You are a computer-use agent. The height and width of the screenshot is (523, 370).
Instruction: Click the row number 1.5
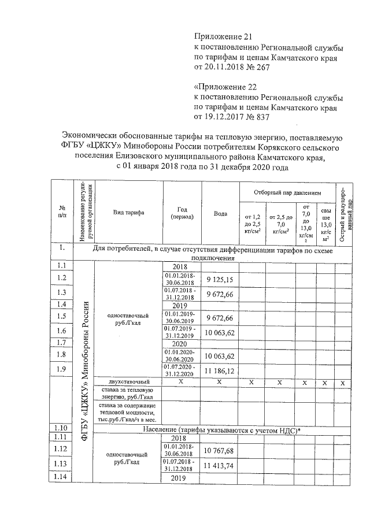click(x=62, y=317)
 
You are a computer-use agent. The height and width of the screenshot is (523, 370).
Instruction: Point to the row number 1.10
click(x=62, y=428)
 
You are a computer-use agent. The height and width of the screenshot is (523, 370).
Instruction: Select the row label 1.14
click(x=62, y=477)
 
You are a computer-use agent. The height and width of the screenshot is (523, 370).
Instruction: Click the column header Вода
click(x=220, y=213)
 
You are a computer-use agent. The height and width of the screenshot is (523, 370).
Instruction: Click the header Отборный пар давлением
click(x=287, y=191)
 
